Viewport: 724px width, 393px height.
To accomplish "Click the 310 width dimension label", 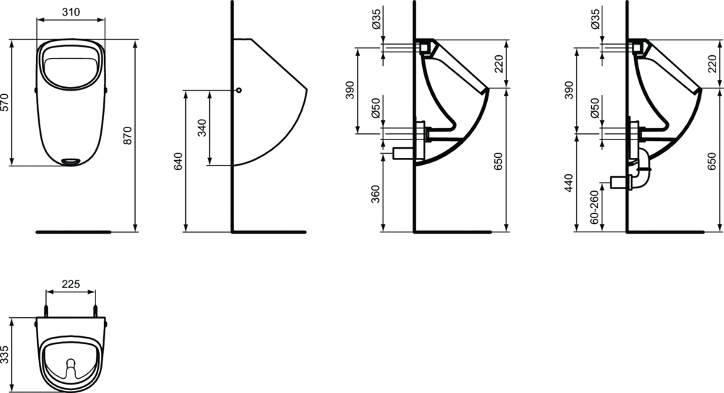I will [x=71, y=13].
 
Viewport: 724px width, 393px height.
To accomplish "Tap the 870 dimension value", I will [x=128, y=135].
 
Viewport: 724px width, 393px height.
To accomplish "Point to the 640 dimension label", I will [x=178, y=161].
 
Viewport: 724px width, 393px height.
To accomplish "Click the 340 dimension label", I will [x=202, y=128].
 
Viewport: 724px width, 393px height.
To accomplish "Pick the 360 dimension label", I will [x=375, y=193].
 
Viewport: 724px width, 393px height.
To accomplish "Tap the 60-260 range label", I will [x=594, y=207].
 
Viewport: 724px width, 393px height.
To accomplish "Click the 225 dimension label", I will [x=71, y=285].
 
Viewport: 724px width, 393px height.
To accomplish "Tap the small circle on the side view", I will [x=238, y=91].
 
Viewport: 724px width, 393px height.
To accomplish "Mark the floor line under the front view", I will [x=74, y=232].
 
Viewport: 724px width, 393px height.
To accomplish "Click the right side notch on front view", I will [x=106, y=90].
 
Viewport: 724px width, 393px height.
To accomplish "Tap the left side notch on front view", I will [x=35, y=90].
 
